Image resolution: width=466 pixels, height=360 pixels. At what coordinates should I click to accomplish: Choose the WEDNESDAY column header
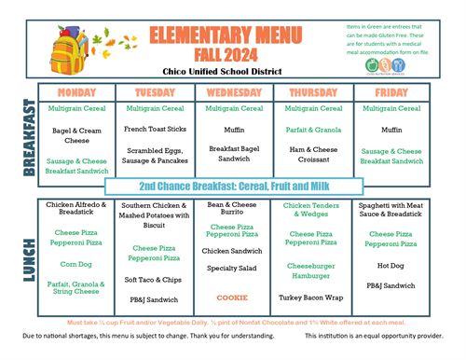233,93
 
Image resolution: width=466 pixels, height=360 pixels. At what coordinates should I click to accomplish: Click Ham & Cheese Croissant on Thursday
311,153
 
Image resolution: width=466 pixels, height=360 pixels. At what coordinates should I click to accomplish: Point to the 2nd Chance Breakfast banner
232,187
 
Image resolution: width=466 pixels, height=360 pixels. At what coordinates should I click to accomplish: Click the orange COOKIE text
232,298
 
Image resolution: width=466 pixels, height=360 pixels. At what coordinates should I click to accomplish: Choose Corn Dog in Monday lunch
78,264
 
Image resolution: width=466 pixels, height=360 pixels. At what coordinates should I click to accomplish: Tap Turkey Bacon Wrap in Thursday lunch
311,298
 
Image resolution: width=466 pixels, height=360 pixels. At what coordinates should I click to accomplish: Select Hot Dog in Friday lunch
391,264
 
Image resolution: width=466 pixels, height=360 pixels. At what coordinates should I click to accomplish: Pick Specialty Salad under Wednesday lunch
232,268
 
